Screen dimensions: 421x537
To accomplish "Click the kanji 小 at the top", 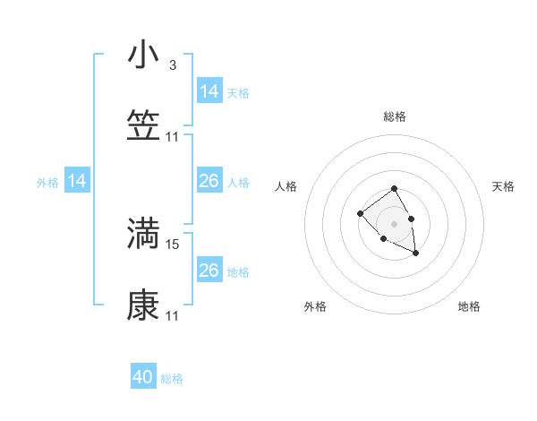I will (x=143, y=56).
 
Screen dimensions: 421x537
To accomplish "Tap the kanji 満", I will (x=143, y=233).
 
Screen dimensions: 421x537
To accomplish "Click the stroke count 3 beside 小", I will (x=172, y=65).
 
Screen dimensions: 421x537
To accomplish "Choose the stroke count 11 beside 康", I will (x=173, y=316).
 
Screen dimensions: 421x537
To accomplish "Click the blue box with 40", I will (x=143, y=377).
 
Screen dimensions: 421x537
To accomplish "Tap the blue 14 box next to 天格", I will (x=209, y=91).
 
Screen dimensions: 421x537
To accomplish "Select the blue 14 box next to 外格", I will (x=78, y=182).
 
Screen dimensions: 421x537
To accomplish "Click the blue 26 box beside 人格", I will (x=209, y=182).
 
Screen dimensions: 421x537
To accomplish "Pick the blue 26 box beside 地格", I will (x=209, y=271).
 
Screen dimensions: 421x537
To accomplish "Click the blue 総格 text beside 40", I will (x=172, y=379).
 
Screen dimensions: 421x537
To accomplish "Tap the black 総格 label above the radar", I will (x=394, y=116).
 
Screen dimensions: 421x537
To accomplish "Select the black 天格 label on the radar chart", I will (x=503, y=186).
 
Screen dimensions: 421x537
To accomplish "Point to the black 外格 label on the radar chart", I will (x=315, y=306).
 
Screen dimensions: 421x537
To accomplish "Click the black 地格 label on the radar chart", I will (x=469, y=306).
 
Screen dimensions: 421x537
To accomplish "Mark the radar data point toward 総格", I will (x=394, y=189).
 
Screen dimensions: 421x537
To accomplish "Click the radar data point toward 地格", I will (x=416, y=254).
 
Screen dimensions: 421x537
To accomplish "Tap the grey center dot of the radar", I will (x=394, y=223).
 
